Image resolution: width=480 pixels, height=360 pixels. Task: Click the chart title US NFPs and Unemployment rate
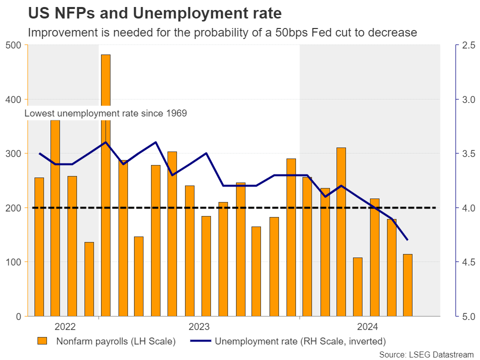tap(154, 12)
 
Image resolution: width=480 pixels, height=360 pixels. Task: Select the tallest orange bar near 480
tap(105, 80)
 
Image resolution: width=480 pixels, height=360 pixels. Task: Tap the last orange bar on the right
tap(407, 285)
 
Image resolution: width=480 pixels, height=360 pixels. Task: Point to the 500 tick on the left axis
tap(14, 45)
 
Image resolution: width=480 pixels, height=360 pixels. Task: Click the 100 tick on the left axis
tap(14, 262)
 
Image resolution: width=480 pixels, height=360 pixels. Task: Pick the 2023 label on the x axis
tap(198, 327)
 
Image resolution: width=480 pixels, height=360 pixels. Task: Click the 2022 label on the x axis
tap(65, 327)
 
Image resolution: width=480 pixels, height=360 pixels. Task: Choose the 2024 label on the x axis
tap(366, 327)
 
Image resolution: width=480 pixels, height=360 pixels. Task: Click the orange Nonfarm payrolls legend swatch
tap(42, 341)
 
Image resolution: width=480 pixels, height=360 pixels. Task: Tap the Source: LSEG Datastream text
tap(426, 354)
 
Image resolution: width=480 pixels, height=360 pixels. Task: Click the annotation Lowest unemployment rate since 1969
tap(105, 113)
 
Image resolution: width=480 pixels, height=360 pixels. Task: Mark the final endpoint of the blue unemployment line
tap(407, 240)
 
